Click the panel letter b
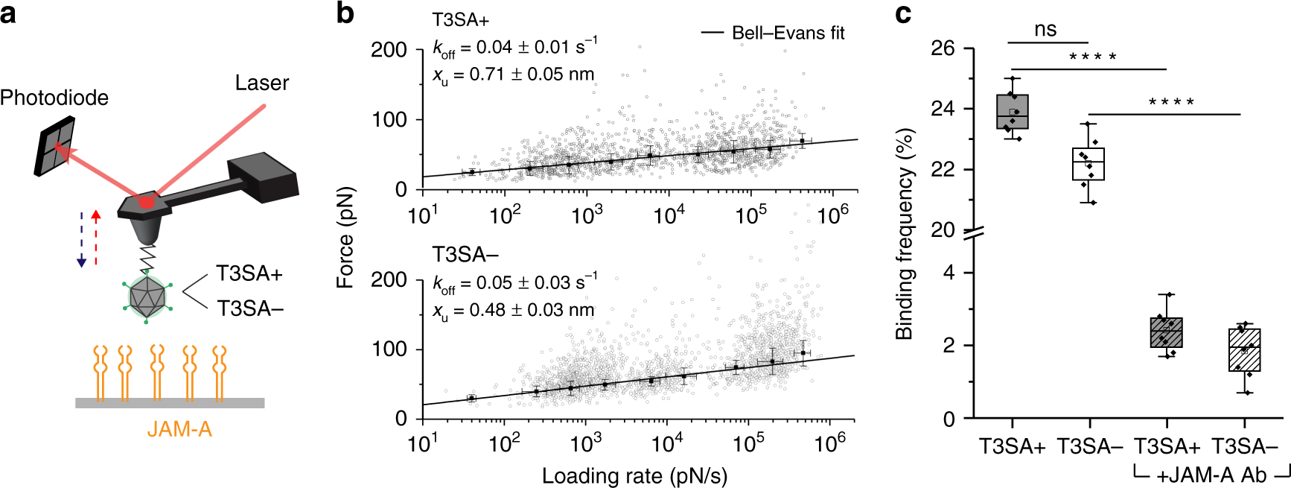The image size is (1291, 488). coord(345,13)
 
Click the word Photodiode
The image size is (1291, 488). coord(54,98)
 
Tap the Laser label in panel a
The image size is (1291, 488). coord(261,83)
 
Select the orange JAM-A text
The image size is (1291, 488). coord(179,429)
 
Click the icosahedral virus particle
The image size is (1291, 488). coord(148,297)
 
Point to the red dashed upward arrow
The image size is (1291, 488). coord(96,237)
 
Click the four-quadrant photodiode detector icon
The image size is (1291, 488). coord(56,148)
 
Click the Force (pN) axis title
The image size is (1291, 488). coord(345,237)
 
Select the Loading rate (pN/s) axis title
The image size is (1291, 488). coord(634,475)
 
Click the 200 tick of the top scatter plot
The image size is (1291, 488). coord(389,50)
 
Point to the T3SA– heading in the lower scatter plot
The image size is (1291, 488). coord(465,255)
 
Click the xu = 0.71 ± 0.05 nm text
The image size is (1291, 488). coord(514,75)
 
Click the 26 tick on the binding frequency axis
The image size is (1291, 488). coord(942,48)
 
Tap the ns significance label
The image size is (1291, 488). coord(1045,29)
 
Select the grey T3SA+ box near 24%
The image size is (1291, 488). coord(1012,112)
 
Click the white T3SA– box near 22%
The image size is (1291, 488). coord(1088,164)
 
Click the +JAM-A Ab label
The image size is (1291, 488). coord(1211,475)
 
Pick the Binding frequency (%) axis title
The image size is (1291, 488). coord(904,234)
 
